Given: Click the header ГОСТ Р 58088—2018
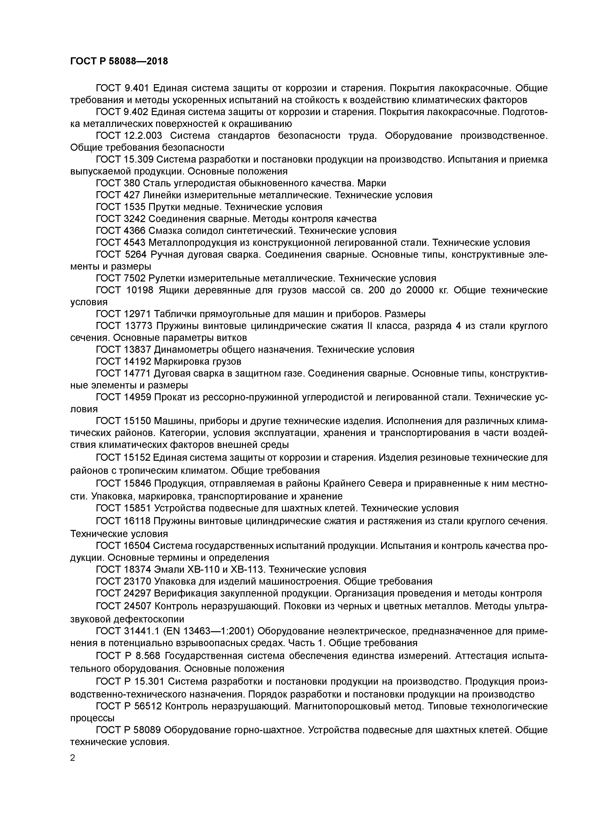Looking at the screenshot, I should click(x=119, y=61).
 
